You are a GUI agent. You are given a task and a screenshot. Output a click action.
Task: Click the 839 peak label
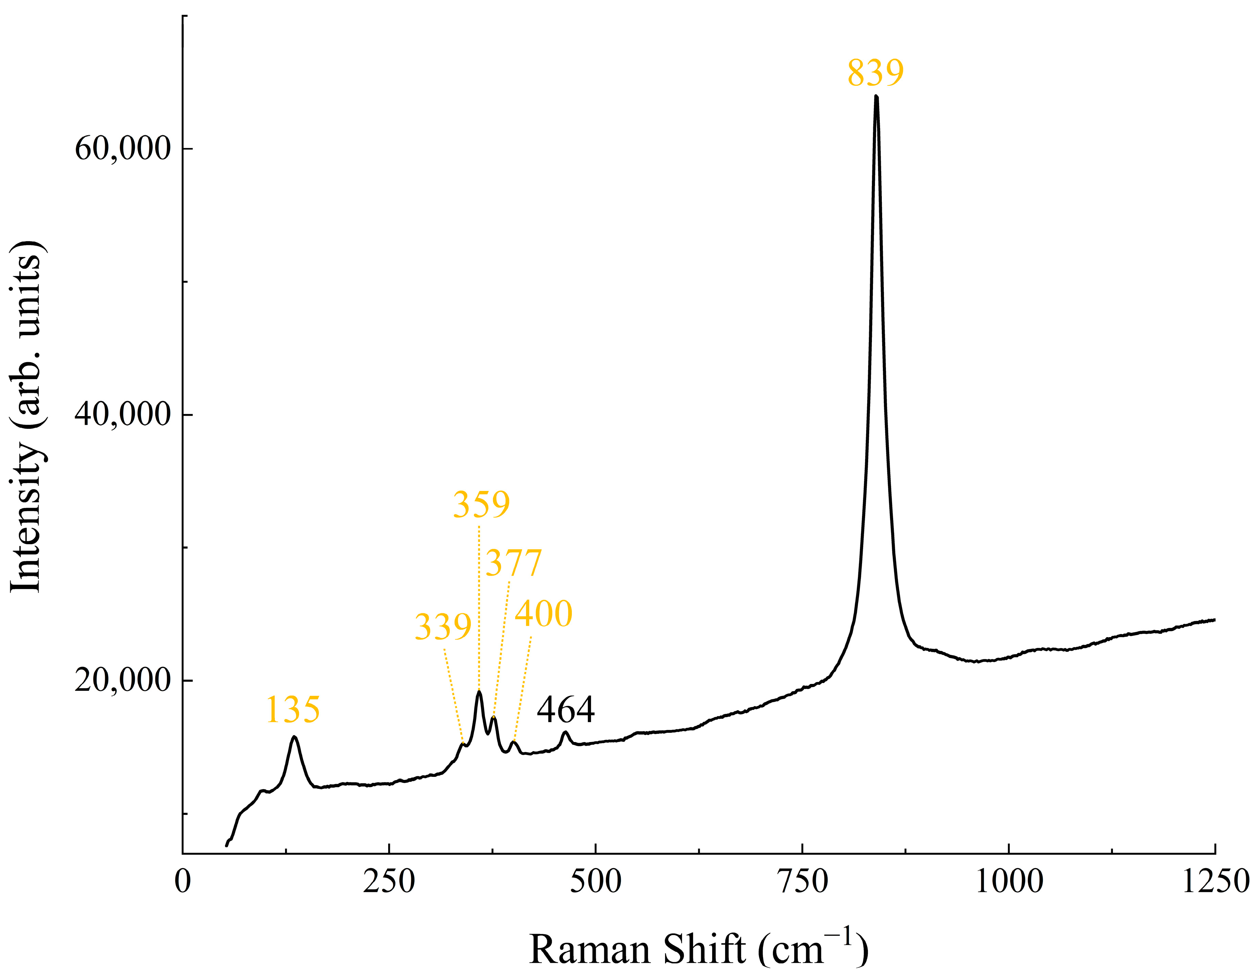875,73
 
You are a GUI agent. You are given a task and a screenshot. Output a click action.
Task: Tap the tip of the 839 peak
876,97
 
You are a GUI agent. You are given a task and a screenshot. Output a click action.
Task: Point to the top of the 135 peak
294,737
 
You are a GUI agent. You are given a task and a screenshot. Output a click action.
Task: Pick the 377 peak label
513,563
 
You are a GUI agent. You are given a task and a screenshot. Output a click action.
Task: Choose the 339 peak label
443,627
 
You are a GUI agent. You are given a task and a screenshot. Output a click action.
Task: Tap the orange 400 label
544,614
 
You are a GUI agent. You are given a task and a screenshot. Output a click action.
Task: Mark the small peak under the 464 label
566,733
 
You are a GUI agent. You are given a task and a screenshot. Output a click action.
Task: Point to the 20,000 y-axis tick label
123,680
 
